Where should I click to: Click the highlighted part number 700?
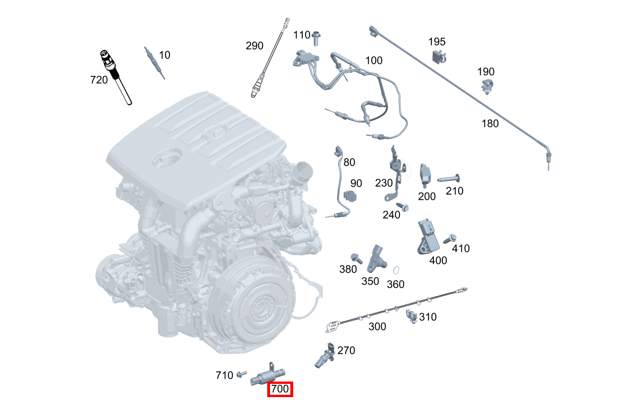pyautogui.click(x=280, y=390)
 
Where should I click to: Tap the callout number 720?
pyautogui.click(x=99, y=80)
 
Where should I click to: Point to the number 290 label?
pyautogui.click(x=254, y=46)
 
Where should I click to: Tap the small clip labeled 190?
pyautogui.click(x=487, y=87)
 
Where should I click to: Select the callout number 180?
pyautogui.click(x=490, y=123)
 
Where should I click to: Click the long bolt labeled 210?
pyautogui.click(x=448, y=179)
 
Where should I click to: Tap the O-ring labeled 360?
pyautogui.click(x=397, y=271)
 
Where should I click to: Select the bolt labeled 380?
pyautogui.click(x=356, y=258)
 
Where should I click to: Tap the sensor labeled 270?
pyautogui.click(x=324, y=356)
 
